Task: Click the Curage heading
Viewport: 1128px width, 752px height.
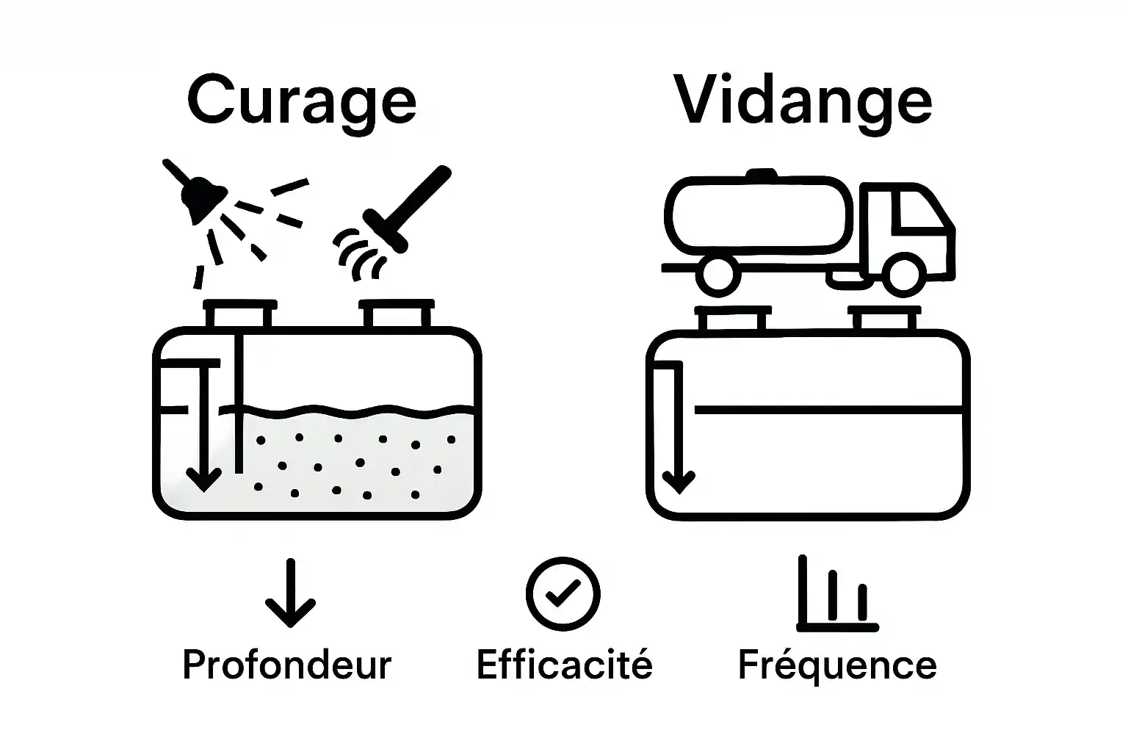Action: click(x=302, y=101)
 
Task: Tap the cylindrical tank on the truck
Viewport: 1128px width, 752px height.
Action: click(x=760, y=213)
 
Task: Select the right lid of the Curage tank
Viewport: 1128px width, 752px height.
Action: click(x=397, y=314)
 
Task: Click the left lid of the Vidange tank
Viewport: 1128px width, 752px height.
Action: click(x=733, y=320)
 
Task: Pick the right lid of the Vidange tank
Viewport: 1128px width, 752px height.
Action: click(x=884, y=320)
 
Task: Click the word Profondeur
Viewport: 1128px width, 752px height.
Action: click(x=287, y=665)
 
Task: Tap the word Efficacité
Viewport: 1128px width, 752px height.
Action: click(x=564, y=665)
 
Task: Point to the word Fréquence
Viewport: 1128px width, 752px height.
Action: click(x=837, y=665)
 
